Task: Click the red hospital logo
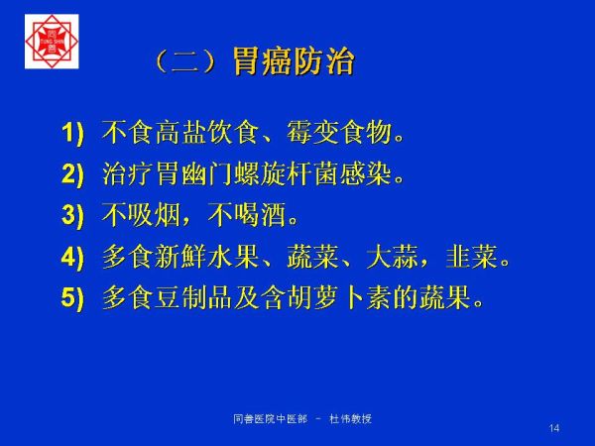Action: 52,42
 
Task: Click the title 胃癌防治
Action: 294,61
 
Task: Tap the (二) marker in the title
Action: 186,61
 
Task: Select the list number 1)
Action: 72,133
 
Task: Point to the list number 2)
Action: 72,174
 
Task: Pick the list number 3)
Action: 72,215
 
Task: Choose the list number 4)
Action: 72,257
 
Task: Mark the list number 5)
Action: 72,297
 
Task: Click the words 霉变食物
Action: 339,133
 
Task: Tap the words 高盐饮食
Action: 207,133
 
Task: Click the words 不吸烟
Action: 141,215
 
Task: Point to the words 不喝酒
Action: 247,215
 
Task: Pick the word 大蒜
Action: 392,257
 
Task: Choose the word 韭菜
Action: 471,257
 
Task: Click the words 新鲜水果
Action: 207,257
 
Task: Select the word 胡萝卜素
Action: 339,297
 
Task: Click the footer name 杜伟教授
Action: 350,419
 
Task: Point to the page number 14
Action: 554,428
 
